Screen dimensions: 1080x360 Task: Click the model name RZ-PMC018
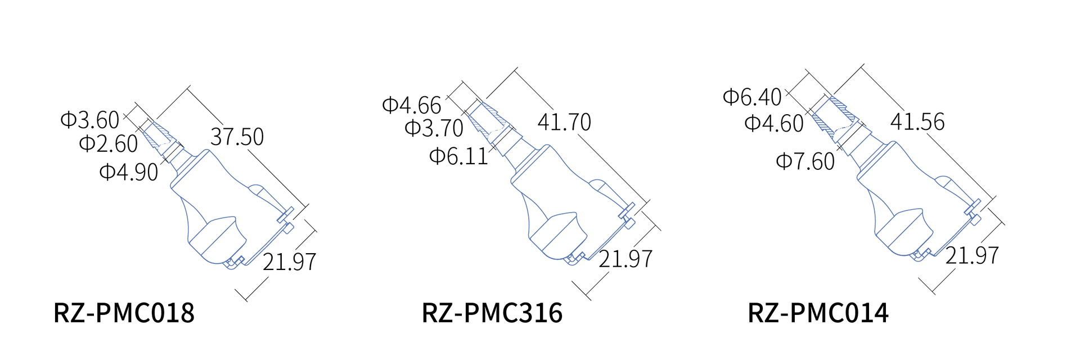coord(124,313)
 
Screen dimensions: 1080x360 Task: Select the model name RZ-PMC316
coord(492,313)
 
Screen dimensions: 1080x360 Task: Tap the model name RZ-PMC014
coord(818,313)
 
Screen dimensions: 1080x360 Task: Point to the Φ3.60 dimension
coord(90,120)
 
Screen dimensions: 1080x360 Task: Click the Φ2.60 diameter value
coord(109,143)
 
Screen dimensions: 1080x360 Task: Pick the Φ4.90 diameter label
coord(129,172)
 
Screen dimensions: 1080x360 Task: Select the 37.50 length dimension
coord(237,137)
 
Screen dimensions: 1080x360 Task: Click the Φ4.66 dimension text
coord(412,105)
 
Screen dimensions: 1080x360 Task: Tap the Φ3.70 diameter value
coord(434,128)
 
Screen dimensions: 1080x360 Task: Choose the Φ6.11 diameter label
coord(459,156)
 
